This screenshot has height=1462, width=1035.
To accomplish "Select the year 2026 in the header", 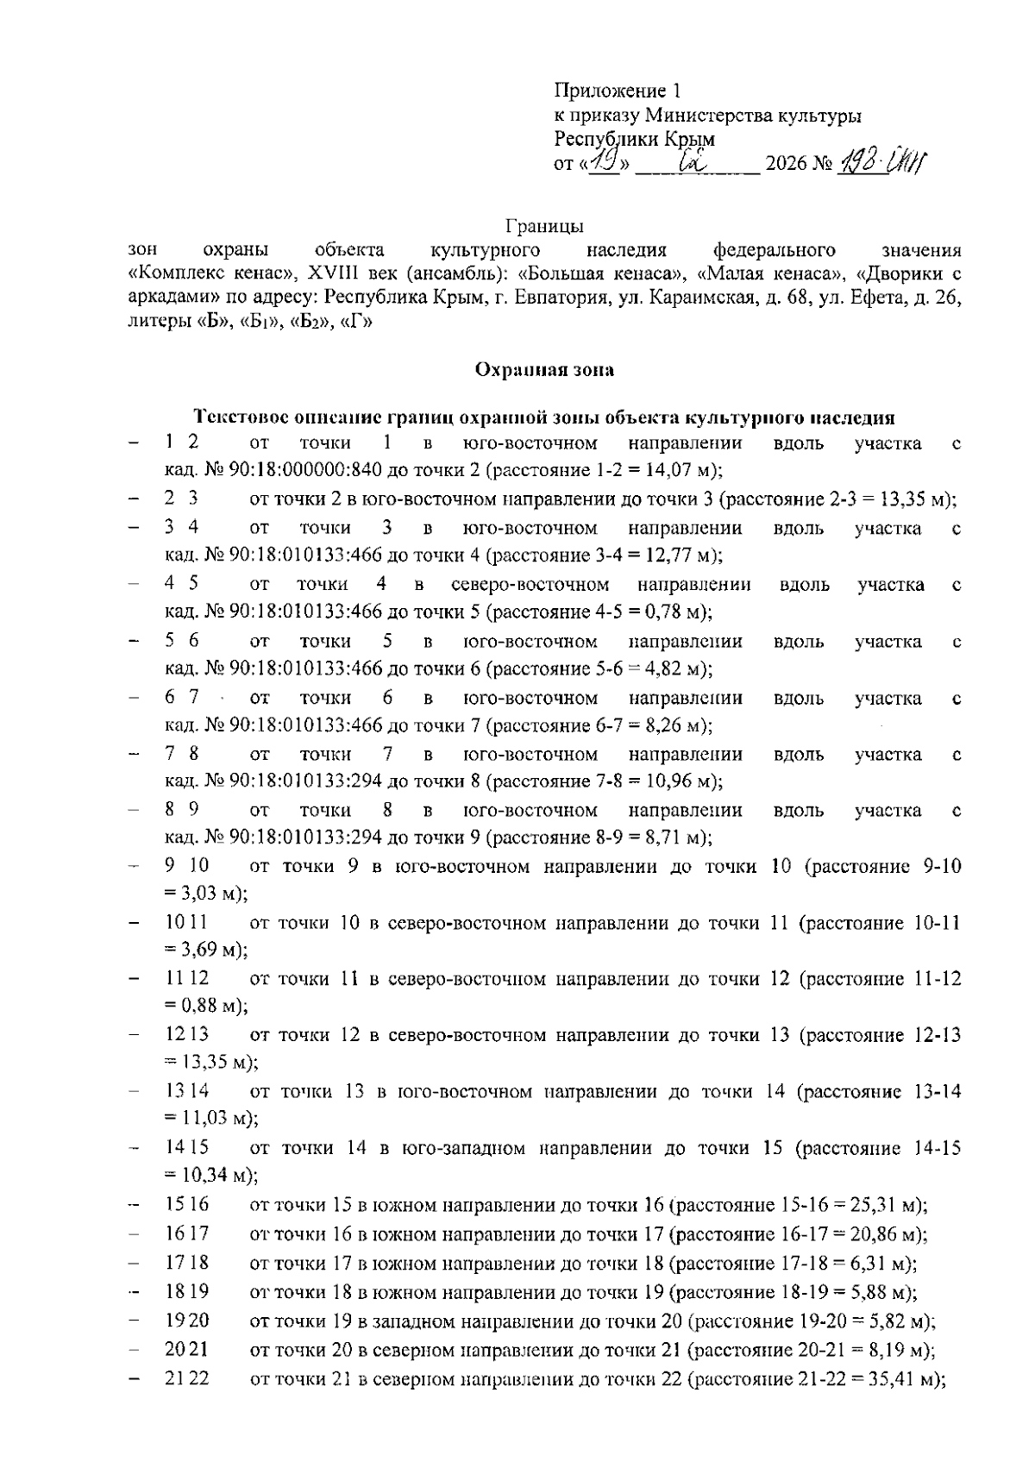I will point(785,164).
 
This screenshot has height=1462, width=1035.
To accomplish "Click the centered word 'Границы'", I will point(544,227).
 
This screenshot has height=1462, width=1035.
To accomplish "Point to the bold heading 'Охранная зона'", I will point(544,370).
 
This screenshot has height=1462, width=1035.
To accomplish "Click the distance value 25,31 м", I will point(893,1205).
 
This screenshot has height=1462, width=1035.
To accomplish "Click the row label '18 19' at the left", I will point(186,1291).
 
